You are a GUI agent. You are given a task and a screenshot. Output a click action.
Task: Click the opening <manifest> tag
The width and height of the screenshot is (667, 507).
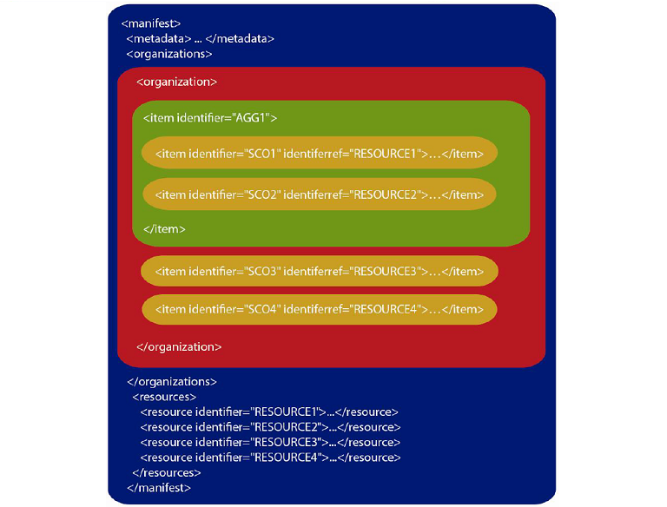click(x=151, y=23)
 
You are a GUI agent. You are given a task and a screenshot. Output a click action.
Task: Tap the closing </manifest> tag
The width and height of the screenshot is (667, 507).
click(x=159, y=488)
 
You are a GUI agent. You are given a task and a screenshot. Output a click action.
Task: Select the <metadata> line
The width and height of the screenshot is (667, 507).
click(x=201, y=38)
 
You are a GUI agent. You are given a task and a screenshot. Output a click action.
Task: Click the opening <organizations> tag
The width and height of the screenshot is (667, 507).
click(x=169, y=53)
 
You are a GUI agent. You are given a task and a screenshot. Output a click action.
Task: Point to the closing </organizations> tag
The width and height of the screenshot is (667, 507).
click(x=172, y=381)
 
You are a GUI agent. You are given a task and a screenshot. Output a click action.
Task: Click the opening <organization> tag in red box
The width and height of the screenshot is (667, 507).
click(x=176, y=82)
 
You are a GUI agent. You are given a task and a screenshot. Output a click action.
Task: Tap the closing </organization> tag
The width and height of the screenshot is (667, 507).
click(x=179, y=346)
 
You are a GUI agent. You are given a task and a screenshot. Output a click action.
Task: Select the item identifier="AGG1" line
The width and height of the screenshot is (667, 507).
click(x=210, y=118)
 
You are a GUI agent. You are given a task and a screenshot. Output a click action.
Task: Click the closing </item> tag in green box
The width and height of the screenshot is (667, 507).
click(x=164, y=229)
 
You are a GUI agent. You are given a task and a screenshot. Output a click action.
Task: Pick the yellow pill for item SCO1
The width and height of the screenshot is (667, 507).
click(x=320, y=154)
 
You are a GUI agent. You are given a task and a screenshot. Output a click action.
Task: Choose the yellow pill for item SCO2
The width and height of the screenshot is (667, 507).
click(x=320, y=194)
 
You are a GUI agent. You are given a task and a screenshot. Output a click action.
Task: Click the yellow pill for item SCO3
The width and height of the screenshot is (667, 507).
click(x=320, y=272)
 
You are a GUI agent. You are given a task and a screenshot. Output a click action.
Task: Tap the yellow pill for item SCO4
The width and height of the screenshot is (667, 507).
click(x=320, y=309)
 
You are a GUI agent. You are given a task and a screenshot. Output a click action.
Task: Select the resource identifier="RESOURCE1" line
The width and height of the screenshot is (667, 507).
click(x=269, y=412)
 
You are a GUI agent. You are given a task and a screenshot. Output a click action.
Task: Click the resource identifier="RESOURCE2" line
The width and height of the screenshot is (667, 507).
click(x=269, y=426)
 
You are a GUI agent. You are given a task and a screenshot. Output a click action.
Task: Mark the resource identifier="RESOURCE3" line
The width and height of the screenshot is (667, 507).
click(x=269, y=442)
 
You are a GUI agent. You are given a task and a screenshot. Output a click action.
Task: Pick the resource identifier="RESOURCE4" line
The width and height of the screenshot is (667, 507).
click(x=269, y=457)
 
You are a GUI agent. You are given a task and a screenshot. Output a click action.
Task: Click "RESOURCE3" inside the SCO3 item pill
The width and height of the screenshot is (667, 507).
click(x=382, y=272)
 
